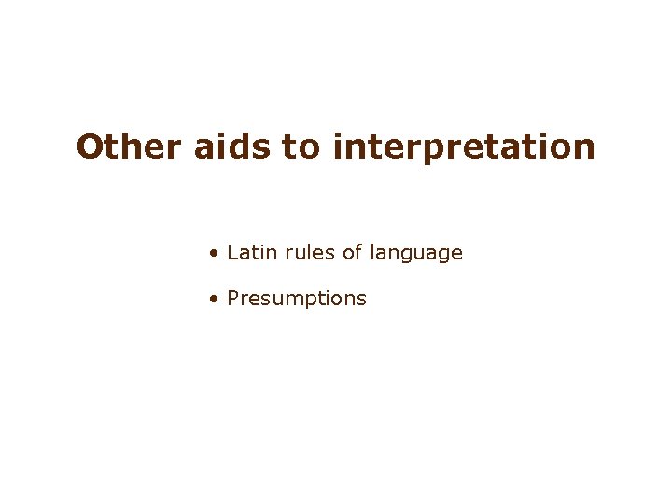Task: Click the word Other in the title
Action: point(131,147)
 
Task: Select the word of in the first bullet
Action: point(352,252)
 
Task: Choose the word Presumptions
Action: point(297,299)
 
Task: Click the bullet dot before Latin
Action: point(215,253)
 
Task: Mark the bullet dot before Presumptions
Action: point(215,300)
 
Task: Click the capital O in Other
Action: point(91,147)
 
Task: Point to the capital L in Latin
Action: point(232,252)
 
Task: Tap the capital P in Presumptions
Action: point(233,299)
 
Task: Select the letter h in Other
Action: point(133,147)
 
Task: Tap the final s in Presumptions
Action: point(362,300)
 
